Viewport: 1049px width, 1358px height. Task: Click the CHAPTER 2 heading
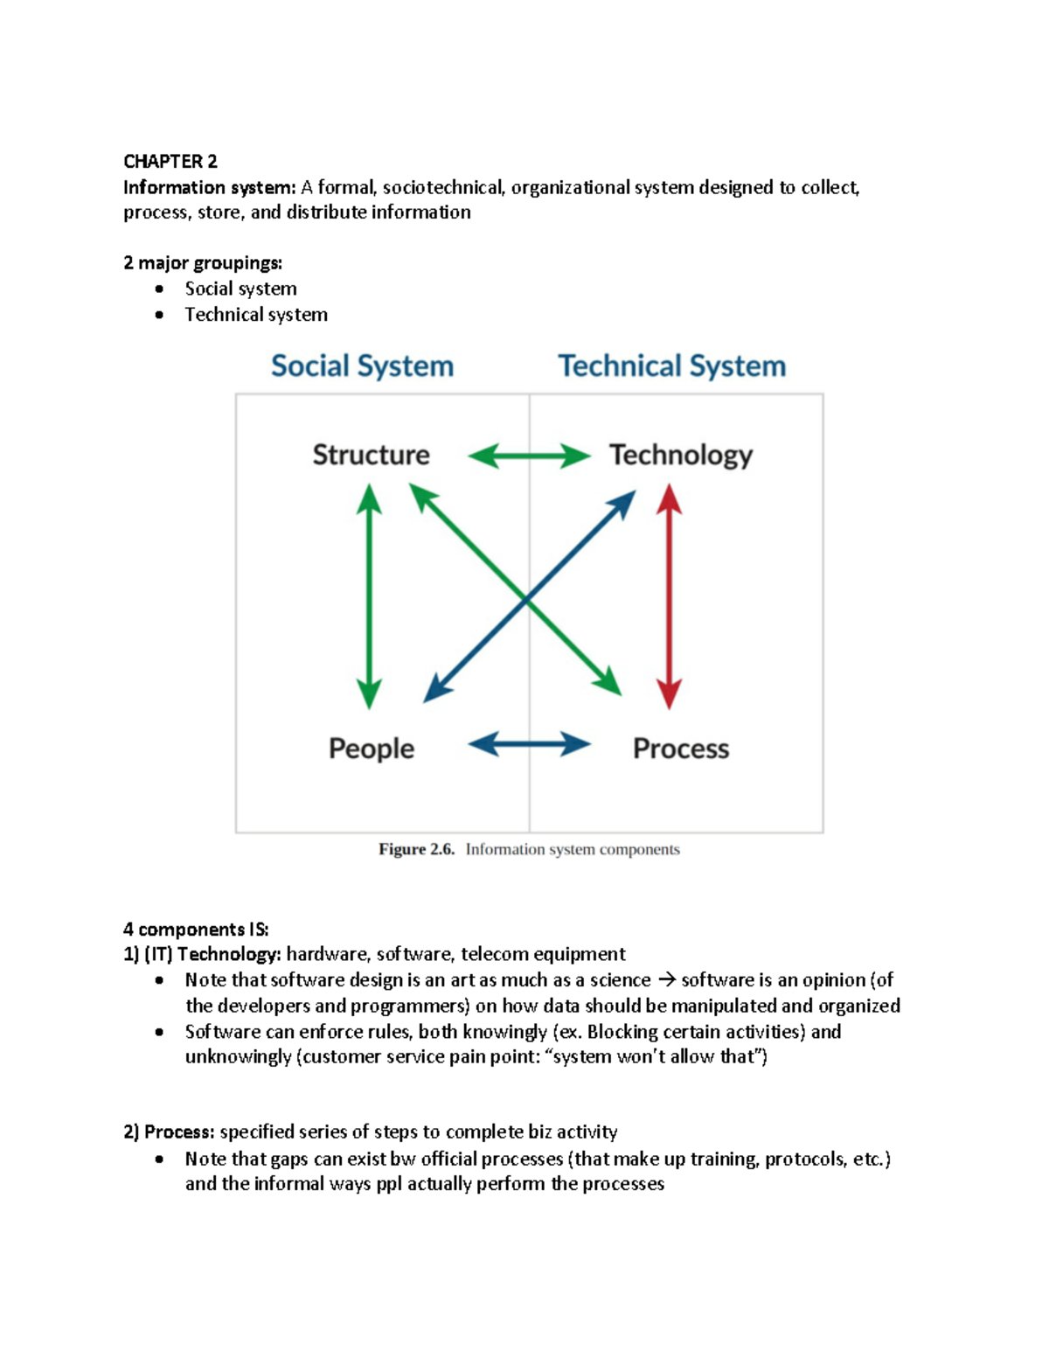[170, 162]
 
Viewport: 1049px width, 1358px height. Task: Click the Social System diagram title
[362, 366]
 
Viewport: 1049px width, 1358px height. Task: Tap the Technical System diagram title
[671, 366]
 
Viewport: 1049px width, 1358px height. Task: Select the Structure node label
[371, 455]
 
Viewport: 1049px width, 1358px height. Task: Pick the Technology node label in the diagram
[680, 456]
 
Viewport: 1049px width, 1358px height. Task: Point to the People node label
[371, 749]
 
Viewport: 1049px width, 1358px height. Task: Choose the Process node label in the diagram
[680, 749]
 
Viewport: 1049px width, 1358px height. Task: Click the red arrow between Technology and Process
[669, 596]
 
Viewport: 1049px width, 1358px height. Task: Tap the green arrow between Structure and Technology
[529, 456]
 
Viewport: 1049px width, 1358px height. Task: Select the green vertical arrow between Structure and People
[369, 596]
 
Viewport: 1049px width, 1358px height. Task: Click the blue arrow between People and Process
[529, 745]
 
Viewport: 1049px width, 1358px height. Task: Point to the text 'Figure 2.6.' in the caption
[416, 849]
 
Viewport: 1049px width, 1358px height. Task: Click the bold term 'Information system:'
[210, 188]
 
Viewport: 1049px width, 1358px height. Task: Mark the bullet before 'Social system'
[159, 289]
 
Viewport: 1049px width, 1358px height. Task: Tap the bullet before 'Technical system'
[159, 315]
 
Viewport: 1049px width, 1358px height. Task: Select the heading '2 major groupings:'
[203, 263]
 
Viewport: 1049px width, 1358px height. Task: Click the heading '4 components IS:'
[196, 929]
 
